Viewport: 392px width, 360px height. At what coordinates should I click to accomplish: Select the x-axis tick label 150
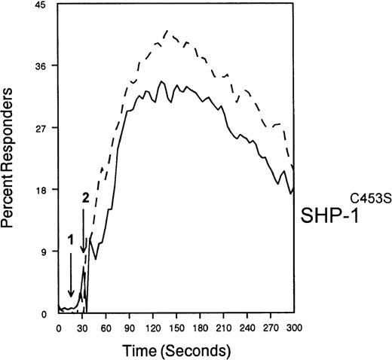coord(175,328)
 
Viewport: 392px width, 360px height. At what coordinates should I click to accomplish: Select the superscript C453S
coord(367,198)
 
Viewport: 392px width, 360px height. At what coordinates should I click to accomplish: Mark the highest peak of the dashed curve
coord(167,31)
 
